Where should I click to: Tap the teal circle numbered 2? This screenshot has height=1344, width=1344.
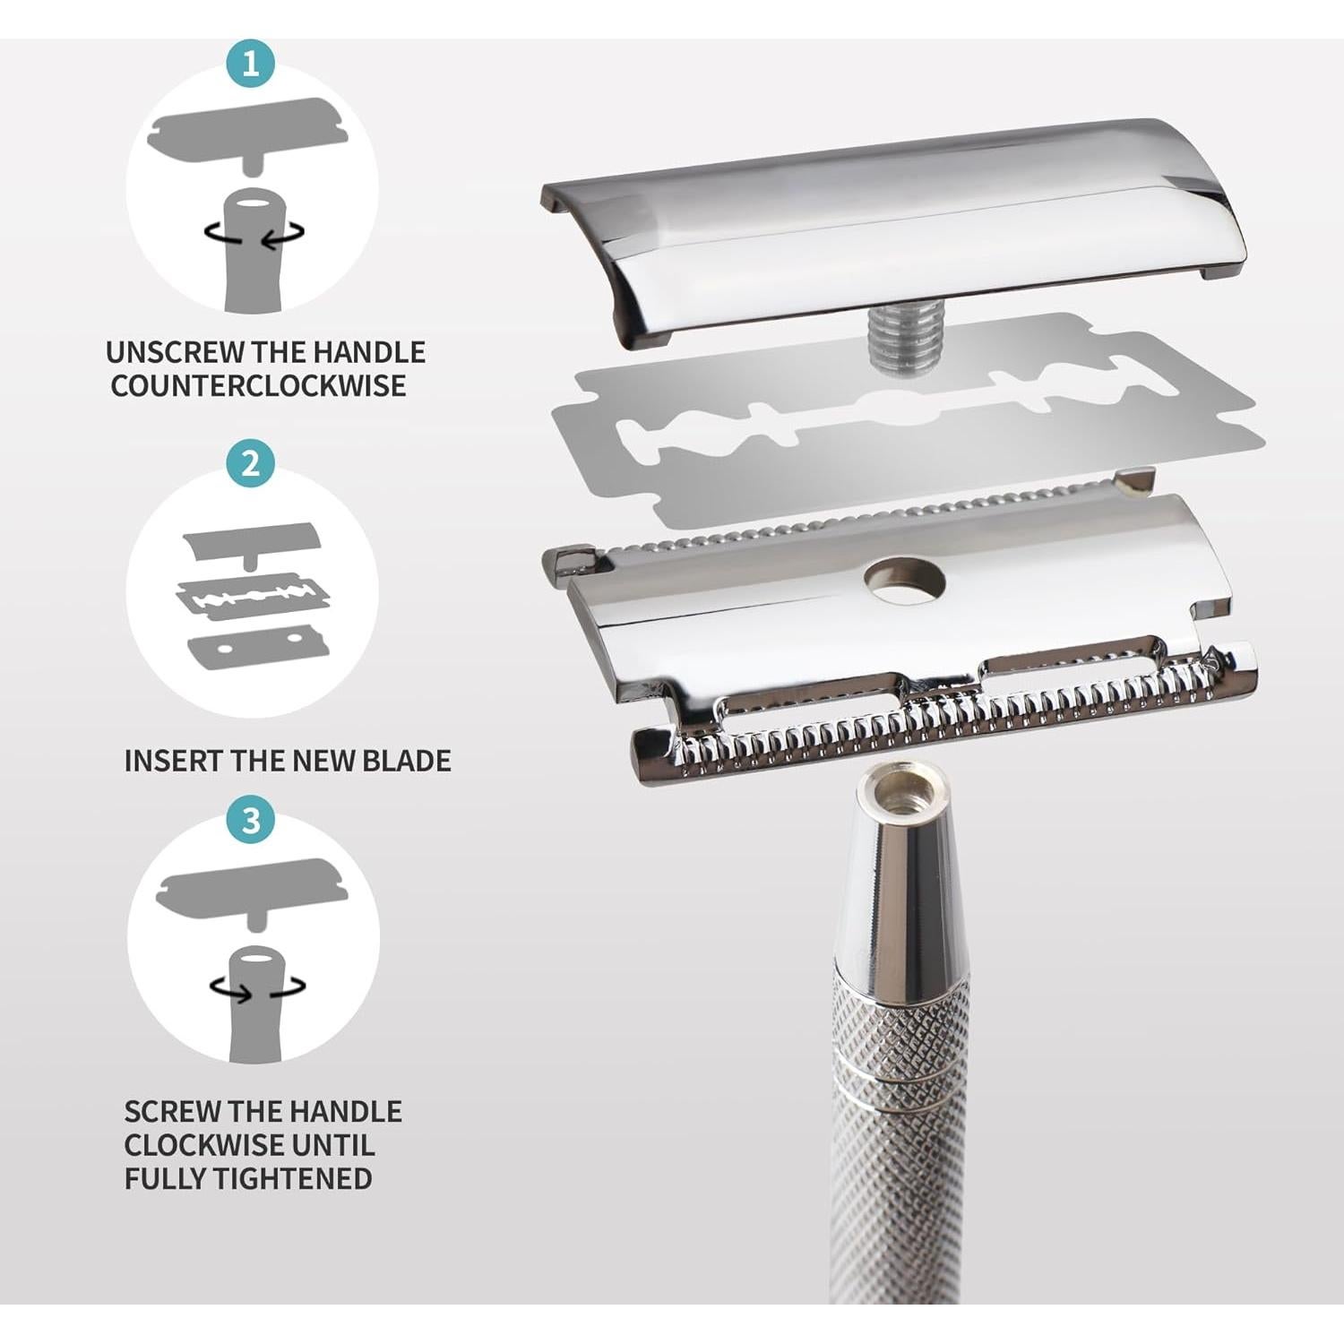pyautogui.click(x=250, y=463)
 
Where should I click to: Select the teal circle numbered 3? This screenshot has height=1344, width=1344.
pyautogui.click(x=251, y=820)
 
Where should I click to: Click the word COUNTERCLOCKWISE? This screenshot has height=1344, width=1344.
pyautogui.click(x=258, y=386)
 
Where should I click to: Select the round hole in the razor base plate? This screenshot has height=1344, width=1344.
pyautogui.click(x=905, y=580)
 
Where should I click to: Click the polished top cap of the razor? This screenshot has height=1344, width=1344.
pyautogui.click(x=896, y=224)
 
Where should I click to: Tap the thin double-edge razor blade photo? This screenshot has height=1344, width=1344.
pyautogui.click(x=896, y=430)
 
